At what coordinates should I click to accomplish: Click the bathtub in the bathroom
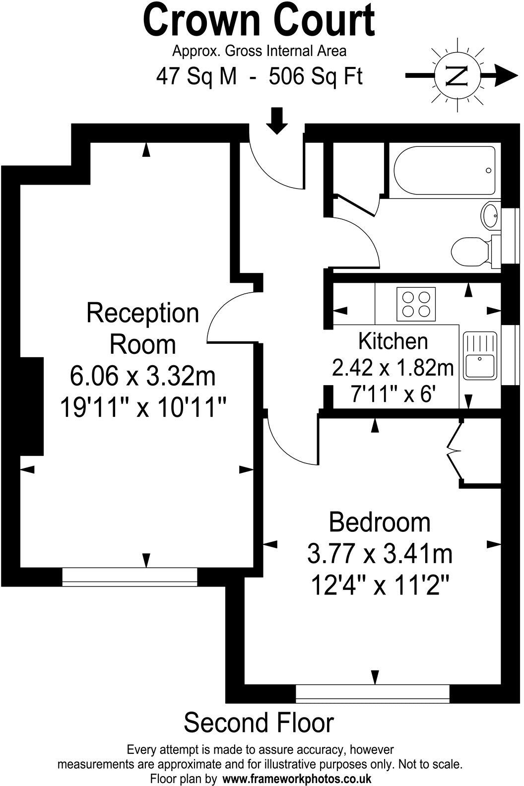444,171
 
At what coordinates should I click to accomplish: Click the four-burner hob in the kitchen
416,304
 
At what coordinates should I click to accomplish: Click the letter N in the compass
458,76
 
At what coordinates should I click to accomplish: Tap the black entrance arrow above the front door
277,121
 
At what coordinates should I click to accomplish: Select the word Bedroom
380,523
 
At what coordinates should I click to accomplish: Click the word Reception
143,313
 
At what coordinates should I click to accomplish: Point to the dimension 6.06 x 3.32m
143,376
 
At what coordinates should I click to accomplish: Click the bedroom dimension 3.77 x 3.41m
380,554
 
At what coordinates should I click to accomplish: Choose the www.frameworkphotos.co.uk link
297,779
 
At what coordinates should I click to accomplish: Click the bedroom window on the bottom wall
373,694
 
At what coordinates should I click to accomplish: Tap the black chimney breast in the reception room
32,406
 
